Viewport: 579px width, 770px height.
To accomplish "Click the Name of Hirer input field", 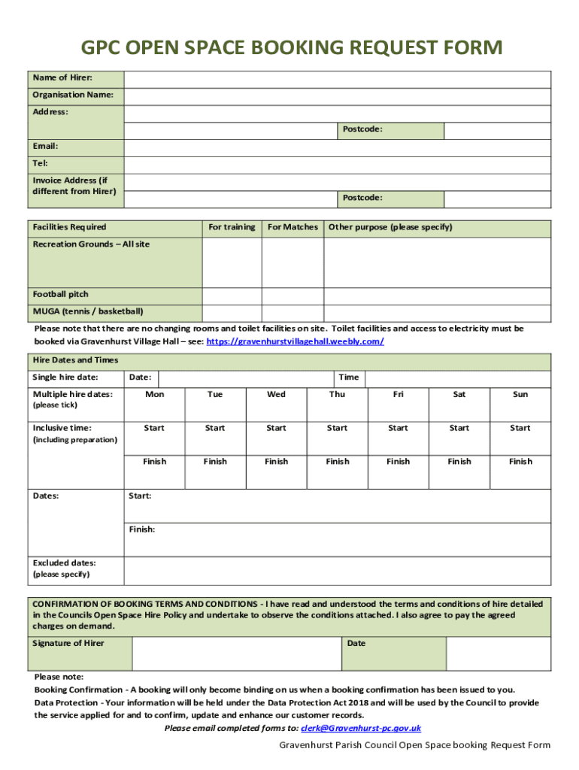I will pyautogui.click(x=338, y=79).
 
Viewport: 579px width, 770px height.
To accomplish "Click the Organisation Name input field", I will pyautogui.click(x=338, y=96).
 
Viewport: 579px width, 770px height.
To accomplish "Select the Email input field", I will pyautogui.click(x=338, y=147).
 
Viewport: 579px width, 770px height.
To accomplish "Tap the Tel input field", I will pyautogui.click(x=338, y=164).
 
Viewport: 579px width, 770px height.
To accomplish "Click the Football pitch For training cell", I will pyautogui.click(x=232, y=296).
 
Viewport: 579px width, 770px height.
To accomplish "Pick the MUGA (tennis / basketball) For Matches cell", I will pyautogui.click(x=293, y=313).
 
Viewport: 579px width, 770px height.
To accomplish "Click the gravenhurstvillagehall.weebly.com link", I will pyautogui.click(x=295, y=341).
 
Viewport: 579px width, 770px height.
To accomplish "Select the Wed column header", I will pyautogui.click(x=276, y=394).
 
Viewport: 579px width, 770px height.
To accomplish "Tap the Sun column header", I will pyautogui.click(x=520, y=394).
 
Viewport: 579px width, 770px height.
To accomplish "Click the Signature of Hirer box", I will pyautogui.click(x=237, y=653).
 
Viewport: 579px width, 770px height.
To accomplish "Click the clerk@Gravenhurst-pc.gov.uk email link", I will pyautogui.click(x=360, y=728).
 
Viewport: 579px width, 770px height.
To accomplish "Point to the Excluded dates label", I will pyautogui.click(x=64, y=562).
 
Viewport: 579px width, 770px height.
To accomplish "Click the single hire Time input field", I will pyautogui.click(x=459, y=377).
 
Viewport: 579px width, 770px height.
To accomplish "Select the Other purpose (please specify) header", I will pyautogui.click(x=390, y=227).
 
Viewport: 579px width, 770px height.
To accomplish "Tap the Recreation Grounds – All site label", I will pyautogui.click(x=91, y=244).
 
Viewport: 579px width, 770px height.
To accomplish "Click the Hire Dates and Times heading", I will pyautogui.click(x=75, y=360).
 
